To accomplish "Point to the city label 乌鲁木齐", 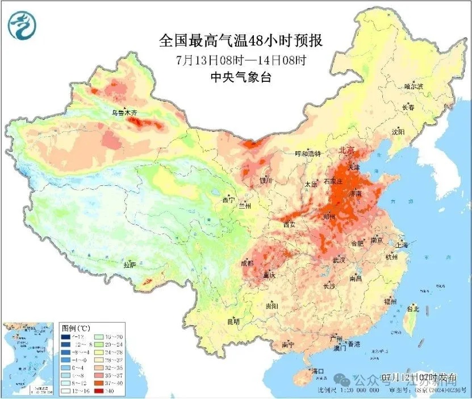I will (x=124, y=113).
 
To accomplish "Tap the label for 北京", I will (x=346, y=151).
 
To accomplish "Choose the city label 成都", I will (x=247, y=263).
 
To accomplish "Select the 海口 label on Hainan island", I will (x=318, y=371).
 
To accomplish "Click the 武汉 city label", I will (x=339, y=260).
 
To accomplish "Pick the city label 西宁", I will (x=228, y=200).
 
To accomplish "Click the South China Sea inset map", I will (x=30, y=359).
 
